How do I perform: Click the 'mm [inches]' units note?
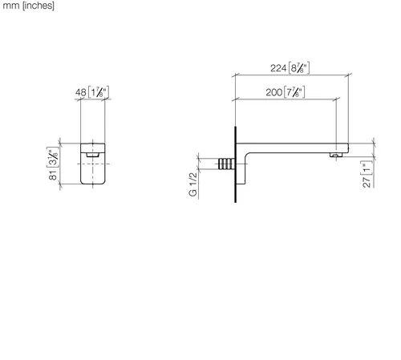pos(28,6)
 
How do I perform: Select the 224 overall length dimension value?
pos(278,68)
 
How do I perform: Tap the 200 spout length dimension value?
pos(273,92)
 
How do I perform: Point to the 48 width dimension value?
pos(81,92)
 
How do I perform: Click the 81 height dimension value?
pos(53,175)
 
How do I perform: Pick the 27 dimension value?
pos(367,182)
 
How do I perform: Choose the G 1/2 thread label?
pos(193,184)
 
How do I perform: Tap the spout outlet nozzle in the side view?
pos(336,155)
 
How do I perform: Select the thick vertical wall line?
pos(236,164)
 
